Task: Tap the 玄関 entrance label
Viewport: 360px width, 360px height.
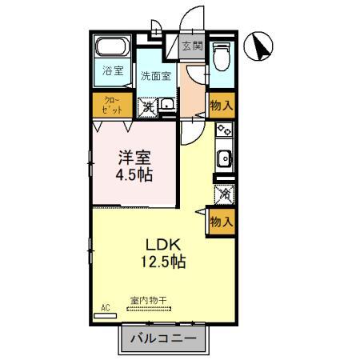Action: point(191,46)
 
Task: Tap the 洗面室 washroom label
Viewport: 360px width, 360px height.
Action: point(156,76)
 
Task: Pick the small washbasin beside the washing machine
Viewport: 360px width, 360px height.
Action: point(166,105)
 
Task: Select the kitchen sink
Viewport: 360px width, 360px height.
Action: point(224,157)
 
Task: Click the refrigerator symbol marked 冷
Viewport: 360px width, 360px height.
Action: point(224,193)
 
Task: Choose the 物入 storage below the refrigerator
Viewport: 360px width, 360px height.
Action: point(221,221)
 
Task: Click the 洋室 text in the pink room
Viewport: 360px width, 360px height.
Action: point(133,157)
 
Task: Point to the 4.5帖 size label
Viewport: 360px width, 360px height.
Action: point(134,174)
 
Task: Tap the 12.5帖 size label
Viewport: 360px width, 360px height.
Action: point(166,261)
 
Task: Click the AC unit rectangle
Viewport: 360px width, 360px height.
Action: point(105,314)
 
